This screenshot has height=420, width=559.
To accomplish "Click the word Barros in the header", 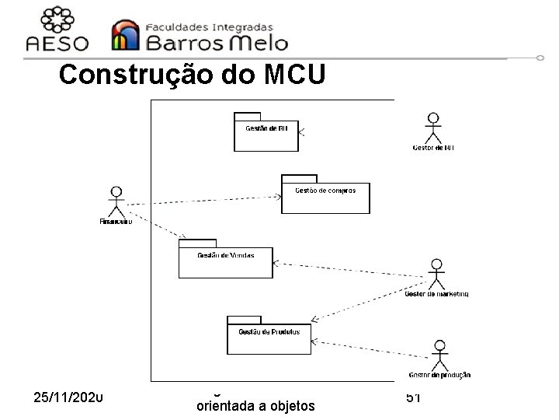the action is (x=186, y=41).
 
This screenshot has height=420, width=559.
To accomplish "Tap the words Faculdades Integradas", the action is (x=210, y=26).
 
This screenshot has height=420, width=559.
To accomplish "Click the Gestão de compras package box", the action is (x=325, y=197).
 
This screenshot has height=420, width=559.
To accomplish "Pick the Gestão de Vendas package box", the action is (x=226, y=261).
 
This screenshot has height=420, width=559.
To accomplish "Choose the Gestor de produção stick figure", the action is (x=439, y=355).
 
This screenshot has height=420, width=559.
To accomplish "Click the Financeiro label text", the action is (x=116, y=221).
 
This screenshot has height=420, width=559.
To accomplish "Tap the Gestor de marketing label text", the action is (x=437, y=294).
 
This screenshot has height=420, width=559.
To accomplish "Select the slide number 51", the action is (x=412, y=397).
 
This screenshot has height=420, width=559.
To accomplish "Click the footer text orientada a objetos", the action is (x=255, y=405).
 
